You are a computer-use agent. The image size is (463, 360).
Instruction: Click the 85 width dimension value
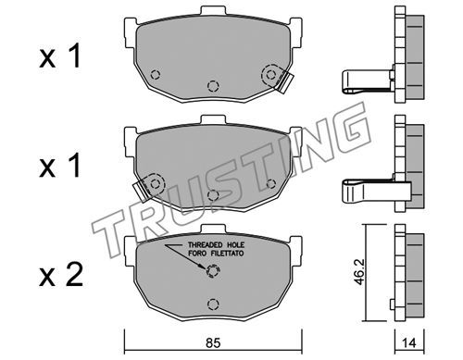click(213, 343)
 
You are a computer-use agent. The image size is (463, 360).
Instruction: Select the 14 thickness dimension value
click(409, 343)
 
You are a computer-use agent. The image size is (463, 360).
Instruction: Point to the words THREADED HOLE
click(216, 245)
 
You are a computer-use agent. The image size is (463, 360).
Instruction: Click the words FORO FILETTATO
click(216, 254)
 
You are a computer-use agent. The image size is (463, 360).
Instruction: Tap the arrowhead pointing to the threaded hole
click(202, 267)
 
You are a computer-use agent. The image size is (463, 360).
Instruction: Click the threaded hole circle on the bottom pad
click(213, 271)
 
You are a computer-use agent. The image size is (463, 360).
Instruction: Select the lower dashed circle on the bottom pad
click(213, 304)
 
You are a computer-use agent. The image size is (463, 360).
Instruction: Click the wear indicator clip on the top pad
click(284, 81)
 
